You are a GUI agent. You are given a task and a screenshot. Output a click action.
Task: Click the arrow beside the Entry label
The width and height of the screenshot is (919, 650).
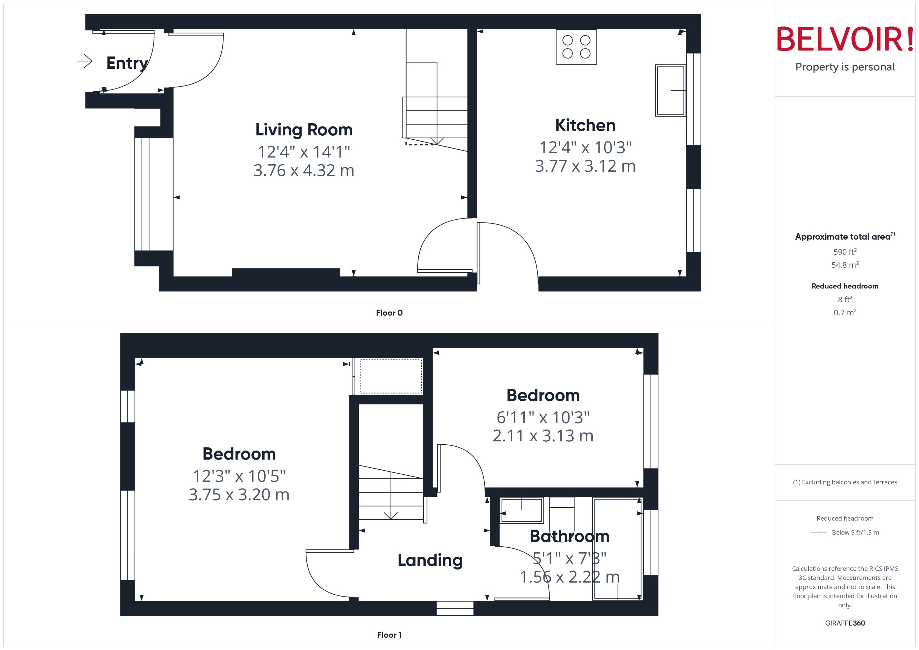[85, 61]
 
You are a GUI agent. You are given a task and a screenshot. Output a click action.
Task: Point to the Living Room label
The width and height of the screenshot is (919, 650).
[304, 130]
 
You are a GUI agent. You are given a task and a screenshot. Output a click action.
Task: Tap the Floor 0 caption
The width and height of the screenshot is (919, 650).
[389, 313]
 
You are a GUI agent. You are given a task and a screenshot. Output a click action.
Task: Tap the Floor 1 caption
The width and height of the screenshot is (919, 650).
[389, 635]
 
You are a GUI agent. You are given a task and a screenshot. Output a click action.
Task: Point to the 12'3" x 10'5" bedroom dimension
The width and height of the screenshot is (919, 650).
[239, 476]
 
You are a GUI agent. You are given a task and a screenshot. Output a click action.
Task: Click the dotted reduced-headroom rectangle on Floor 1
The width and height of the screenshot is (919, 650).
[390, 376]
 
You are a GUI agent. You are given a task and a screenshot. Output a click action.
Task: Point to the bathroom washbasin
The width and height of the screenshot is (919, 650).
[521, 510]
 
